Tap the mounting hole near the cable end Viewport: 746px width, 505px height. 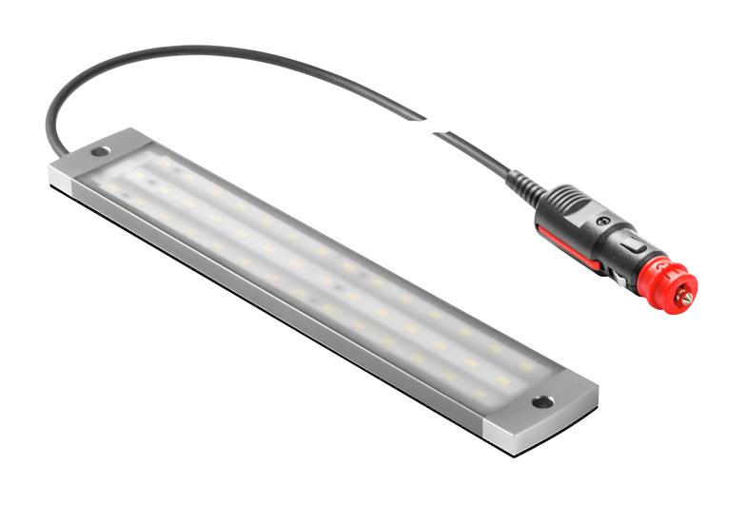coord(99,151)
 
